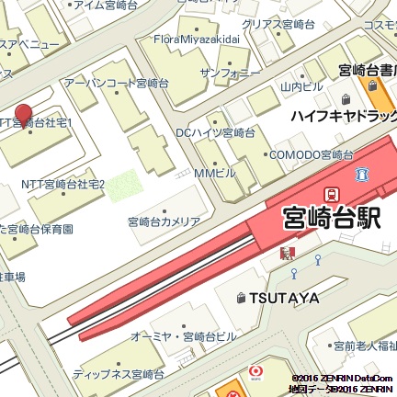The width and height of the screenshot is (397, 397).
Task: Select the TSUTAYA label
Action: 282,298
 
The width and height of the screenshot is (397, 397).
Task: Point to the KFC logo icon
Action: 287,252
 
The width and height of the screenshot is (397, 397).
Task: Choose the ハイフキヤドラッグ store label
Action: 343,117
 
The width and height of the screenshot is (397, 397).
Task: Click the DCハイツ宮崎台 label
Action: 216,133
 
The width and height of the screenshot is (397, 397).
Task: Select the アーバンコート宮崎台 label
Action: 117,84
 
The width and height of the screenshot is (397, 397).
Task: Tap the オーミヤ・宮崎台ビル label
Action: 184,336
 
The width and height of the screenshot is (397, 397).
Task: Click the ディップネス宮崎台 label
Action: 119,374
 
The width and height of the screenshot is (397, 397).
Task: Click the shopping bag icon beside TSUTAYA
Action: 241,298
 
